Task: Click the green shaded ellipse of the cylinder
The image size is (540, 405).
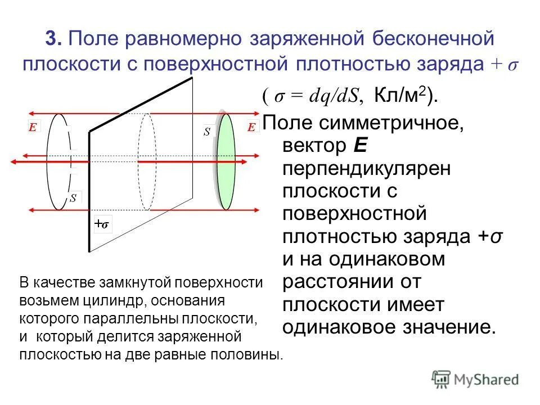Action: (x=227, y=162)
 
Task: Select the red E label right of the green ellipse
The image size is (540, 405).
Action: (x=251, y=128)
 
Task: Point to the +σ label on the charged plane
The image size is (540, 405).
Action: (x=102, y=224)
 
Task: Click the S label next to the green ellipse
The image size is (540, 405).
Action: (x=207, y=132)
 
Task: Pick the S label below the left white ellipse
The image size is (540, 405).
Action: (x=73, y=198)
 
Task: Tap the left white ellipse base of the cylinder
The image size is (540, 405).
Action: (x=58, y=162)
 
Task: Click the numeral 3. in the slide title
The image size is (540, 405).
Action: (x=55, y=39)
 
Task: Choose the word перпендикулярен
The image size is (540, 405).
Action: (x=366, y=169)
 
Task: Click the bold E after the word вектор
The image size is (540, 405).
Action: (x=360, y=146)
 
